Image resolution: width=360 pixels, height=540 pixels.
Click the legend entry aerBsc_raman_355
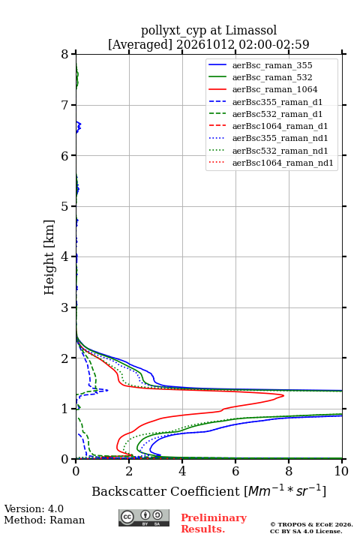pos(272,65)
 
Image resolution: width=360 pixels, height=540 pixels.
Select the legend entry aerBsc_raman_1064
pos(275,89)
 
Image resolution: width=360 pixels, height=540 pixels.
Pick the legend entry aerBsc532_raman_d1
pos(277,114)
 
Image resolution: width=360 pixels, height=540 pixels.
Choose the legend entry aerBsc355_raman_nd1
pos(280,138)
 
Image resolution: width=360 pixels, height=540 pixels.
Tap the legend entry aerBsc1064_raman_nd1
pos(283,163)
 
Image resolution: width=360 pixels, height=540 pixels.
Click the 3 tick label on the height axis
pos(64,307)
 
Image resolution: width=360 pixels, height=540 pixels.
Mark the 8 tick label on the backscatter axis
pos(289,471)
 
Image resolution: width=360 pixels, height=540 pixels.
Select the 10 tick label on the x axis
pos(341,471)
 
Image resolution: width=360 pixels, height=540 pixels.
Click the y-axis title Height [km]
pos(49,257)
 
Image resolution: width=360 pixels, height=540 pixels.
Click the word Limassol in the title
pos(251,30)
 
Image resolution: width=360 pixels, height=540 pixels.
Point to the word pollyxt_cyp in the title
pos(174,31)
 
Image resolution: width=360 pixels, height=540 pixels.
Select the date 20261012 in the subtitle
pos(205,44)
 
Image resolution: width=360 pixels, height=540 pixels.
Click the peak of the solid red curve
pos(283,396)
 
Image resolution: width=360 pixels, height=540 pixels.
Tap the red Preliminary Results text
pos(214,523)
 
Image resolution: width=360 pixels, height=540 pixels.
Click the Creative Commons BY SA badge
pos(144,517)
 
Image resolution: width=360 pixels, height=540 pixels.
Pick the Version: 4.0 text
pos(34,508)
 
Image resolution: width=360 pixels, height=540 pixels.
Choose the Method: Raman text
pos(44,520)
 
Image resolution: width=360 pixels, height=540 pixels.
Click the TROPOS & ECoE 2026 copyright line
pos(312,524)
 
